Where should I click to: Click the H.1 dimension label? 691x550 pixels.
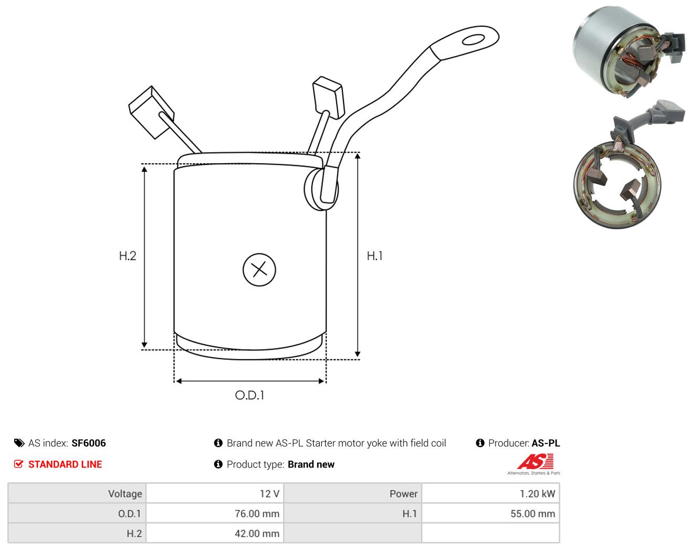374,256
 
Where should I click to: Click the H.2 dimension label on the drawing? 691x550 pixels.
128,256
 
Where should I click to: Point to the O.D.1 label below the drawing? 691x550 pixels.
249,395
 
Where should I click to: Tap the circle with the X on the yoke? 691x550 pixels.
259,270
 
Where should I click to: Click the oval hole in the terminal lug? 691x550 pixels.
473,40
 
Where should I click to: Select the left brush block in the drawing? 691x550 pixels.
151,112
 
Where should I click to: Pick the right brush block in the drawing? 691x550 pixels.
328,97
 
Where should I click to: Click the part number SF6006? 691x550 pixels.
89,443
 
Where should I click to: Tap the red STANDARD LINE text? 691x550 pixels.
65,464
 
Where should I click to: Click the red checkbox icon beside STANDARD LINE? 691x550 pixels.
18,464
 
